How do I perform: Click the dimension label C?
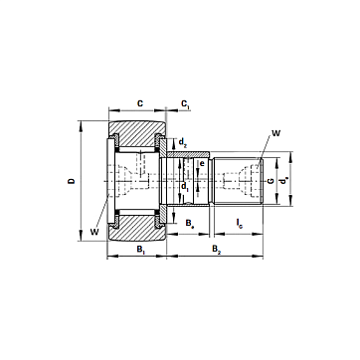[x=140, y=103]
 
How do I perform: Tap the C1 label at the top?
[x=185, y=104]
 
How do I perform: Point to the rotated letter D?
[x=72, y=181]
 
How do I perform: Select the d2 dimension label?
[x=183, y=143]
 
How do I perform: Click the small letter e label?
[x=202, y=163]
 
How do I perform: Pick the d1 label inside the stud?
[x=185, y=187]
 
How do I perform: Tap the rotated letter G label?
[x=270, y=181]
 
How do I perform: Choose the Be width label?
[x=189, y=223]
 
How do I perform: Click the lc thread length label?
[x=240, y=223]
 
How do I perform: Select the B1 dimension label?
[x=141, y=250]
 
